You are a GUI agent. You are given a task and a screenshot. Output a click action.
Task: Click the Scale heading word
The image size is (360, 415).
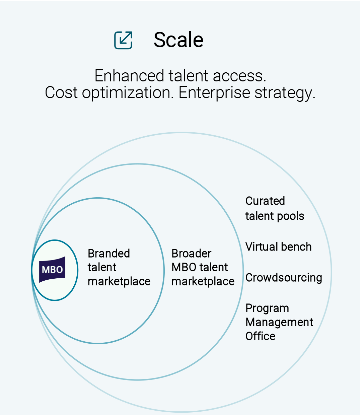(178, 40)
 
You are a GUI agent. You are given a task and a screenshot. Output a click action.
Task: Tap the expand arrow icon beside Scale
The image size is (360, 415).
(123, 40)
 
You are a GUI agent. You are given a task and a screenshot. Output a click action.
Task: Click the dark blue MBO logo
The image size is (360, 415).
(52, 270)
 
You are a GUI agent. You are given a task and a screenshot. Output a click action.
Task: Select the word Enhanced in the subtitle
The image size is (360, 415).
(129, 76)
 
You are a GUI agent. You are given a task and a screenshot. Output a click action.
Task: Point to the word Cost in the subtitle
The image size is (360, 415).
(61, 93)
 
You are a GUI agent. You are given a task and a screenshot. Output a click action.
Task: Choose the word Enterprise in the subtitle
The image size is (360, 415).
(214, 93)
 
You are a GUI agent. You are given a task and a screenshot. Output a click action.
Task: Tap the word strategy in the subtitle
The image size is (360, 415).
(285, 94)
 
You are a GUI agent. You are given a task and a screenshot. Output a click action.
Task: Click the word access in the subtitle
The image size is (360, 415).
(239, 76)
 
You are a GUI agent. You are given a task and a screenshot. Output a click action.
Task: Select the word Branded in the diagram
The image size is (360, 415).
(109, 253)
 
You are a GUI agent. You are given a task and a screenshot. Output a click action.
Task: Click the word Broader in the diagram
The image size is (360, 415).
(192, 253)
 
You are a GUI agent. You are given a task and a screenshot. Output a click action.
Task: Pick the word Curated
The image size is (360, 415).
(265, 201)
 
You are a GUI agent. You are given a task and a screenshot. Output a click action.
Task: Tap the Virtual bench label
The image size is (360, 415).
(279, 247)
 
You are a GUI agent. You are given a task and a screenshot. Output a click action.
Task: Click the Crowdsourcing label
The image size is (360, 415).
(284, 277)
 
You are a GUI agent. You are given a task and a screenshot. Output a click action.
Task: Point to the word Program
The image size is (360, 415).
(267, 308)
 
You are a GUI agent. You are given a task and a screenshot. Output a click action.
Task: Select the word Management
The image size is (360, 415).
(280, 322)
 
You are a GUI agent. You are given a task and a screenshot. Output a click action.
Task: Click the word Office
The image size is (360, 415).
(261, 336)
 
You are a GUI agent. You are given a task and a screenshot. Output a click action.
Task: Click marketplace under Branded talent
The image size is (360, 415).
(119, 282)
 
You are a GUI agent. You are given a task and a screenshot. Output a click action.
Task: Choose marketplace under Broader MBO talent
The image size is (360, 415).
(203, 282)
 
